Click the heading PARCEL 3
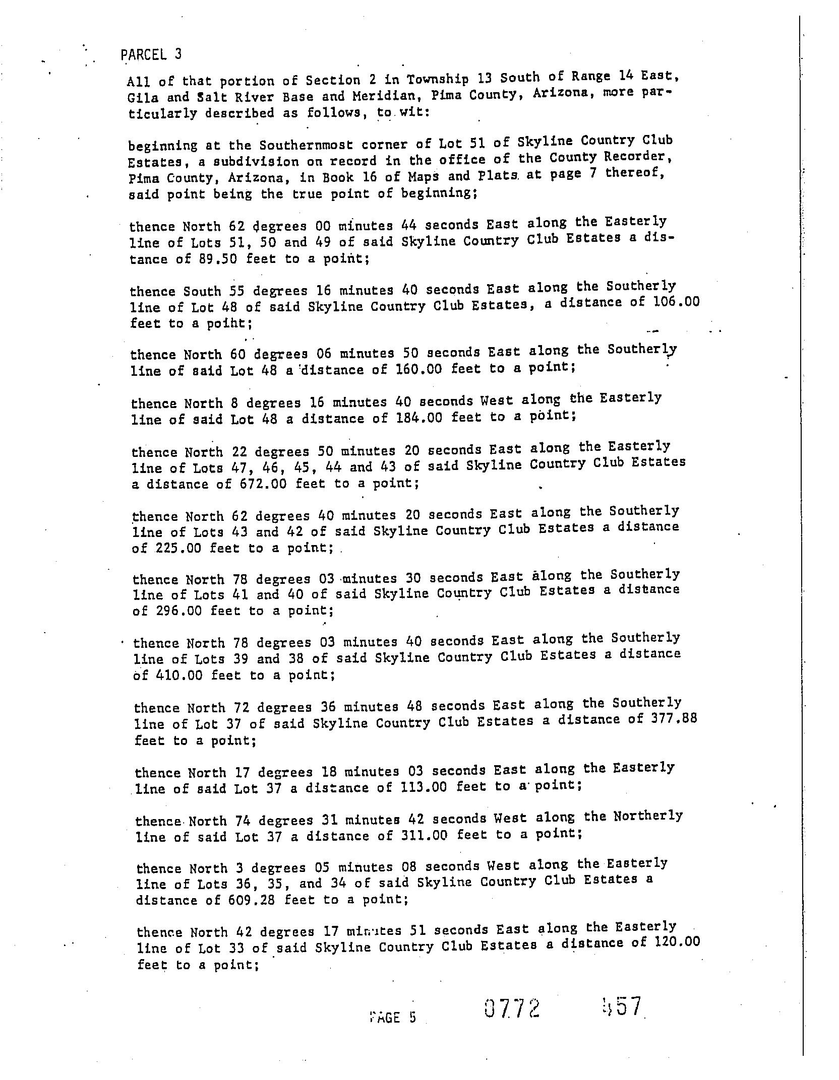[151, 54]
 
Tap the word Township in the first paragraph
[437, 79]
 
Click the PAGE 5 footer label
[393, 1017]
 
